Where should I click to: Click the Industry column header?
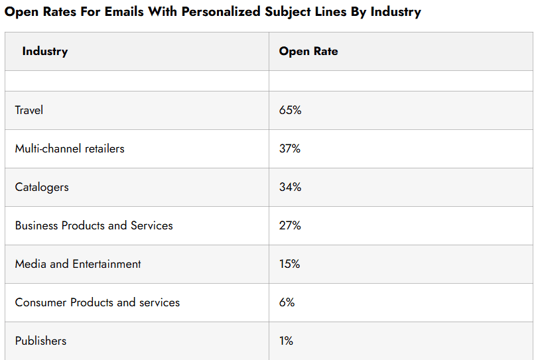[44, 52]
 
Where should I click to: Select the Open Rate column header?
[308, 52]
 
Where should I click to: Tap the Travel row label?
[29, 110]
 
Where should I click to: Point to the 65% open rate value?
[290, 110]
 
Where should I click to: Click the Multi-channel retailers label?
[70, 149]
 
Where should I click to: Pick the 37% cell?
[290, 149]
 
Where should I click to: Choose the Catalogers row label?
[42, 187]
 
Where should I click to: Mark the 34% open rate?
[290, 187]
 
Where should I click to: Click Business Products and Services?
[94, 225]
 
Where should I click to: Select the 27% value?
[290, 225]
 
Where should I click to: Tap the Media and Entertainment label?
[78, 264]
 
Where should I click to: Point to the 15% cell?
[289, 264]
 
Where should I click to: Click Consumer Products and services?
[98, 302]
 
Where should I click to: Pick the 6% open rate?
[287, 302]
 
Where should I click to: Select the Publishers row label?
[40, 341]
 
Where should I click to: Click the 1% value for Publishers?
[286, 341]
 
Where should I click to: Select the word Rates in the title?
[50, 12]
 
